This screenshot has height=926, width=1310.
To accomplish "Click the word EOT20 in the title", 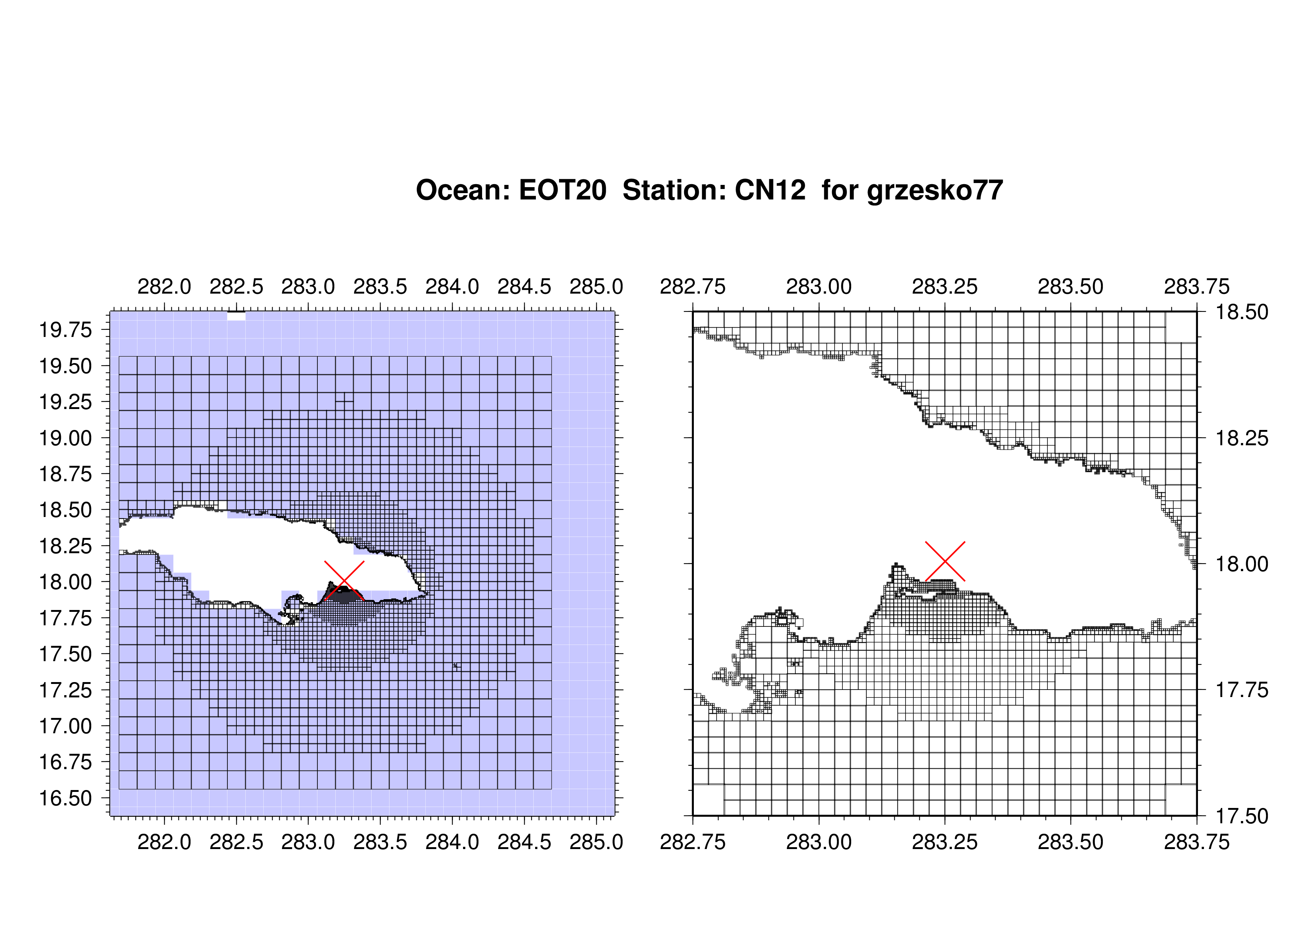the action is (562, 190).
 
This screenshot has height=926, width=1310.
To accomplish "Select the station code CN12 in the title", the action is (770, 190).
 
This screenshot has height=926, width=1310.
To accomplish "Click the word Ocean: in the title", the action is (463, 190).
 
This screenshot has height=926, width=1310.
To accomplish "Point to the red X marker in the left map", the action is (344, 581).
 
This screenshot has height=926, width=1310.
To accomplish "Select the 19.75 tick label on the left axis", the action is (65, 330).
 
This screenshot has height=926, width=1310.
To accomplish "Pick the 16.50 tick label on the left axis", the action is (65, 798).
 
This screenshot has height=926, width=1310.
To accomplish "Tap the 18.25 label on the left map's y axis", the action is (65, 546).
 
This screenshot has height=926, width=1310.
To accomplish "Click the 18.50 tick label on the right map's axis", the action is (1242, 312).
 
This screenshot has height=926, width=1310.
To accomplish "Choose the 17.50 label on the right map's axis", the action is (1242, 816).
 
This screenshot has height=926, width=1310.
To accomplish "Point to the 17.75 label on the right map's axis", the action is (1242, 690).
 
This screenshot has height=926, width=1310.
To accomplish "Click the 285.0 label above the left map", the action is (596, 287).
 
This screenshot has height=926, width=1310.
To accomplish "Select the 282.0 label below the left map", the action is (164, 842).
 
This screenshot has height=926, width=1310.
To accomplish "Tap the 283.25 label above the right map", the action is (945, 287).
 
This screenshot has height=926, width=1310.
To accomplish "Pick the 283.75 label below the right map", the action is (1197, 842).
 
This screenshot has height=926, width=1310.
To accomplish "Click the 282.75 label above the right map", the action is (693, 287).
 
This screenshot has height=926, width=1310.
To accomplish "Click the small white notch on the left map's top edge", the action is (236, 316).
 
